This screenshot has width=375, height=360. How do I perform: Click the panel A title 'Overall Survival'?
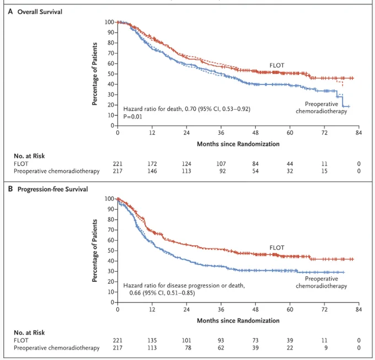[x=40, y=12]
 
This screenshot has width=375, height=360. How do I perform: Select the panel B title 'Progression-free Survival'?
[x=52, y=189]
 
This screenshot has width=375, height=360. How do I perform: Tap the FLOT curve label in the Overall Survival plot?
[x=277, y=65]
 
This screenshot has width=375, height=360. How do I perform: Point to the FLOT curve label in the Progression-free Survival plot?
[x=277, y=248]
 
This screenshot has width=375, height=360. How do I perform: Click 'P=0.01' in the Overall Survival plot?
[x=133, y=117]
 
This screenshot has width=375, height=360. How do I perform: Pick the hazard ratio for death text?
[x=187, y=109]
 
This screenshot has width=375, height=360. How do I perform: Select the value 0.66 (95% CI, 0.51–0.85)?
[x=162, y=293]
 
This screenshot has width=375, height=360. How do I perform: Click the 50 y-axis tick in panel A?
[x=111, y=74]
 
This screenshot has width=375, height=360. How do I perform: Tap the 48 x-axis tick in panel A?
[x=255, y=133]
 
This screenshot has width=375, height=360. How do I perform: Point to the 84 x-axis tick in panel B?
[x=359, y=309]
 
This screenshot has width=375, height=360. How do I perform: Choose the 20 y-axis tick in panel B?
[x=111, y=282]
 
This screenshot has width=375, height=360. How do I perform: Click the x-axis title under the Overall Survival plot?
[x=238, y=144]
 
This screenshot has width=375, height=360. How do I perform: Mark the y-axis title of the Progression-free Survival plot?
[x=95, y=251]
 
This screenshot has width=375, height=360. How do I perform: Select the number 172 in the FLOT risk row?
[x=152, y=164]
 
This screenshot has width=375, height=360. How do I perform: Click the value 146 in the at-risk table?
[x=152, y=171]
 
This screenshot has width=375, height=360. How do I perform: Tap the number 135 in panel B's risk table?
[x=152, y=340]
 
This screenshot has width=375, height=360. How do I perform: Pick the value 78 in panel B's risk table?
[x=188, y=347]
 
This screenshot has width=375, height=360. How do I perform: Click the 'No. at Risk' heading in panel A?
[x=29, y=156]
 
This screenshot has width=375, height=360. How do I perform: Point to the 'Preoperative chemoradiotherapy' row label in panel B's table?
[x=57, y=348]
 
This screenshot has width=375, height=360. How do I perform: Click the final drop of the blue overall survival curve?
[x=342, y=102]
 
